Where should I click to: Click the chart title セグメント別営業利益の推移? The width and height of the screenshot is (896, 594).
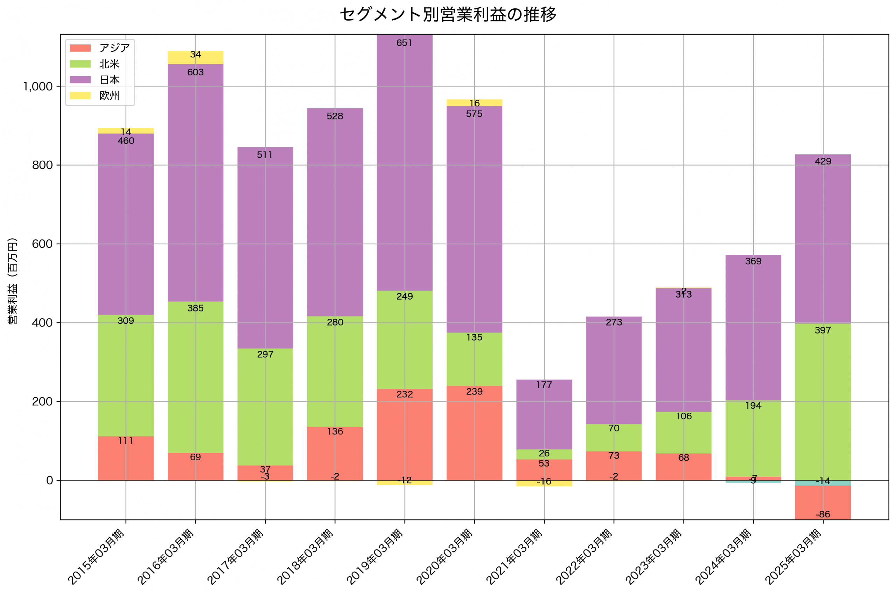click(448, 15)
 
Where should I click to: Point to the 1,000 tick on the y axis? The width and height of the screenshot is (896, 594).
click(38, 87)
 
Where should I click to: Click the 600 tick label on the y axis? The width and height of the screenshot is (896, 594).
click(42, 244)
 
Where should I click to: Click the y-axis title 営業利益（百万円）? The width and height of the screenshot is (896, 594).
click(13, 281)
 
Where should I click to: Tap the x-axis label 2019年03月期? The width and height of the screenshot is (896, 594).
click(374, 557)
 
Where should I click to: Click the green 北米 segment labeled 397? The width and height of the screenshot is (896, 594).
click(822, 401)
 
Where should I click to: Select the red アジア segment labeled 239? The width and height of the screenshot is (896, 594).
click(474, 433)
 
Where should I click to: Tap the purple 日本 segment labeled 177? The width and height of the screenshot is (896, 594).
click(544, 414)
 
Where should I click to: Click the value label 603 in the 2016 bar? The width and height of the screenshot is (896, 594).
click(195, 72)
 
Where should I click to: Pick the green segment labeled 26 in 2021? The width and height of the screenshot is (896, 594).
click(544, 454)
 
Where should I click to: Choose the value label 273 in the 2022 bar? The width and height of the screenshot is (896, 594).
click(614, 322)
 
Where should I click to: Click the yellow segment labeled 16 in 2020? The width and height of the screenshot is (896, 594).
click(474, 103)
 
